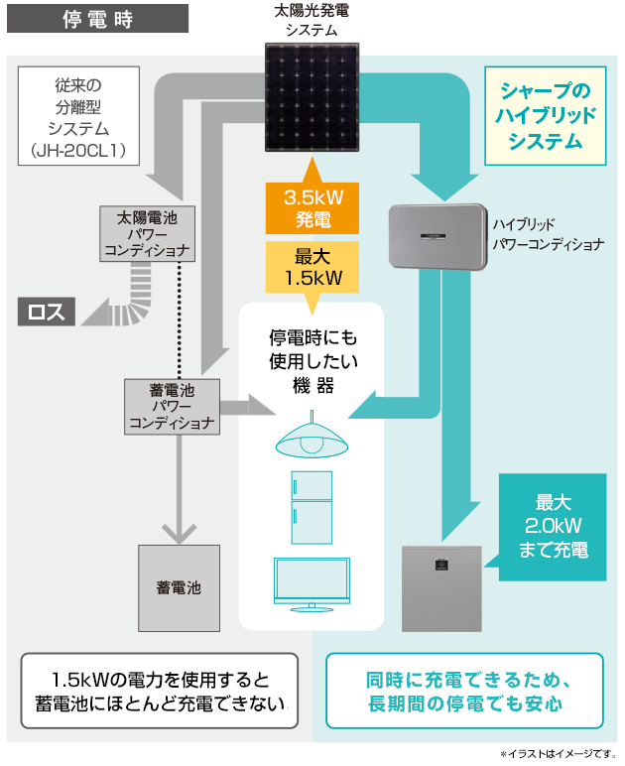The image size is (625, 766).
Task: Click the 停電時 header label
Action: (98, 19)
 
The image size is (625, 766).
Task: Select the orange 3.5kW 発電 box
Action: (313, 207)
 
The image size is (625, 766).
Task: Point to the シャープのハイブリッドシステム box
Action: (545, 115)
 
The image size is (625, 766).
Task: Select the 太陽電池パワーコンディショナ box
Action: (150, 234)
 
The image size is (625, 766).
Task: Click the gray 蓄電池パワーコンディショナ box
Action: (171, 406)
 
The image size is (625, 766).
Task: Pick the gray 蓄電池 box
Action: (179, 587)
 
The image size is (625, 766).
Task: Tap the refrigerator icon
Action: (312, 508)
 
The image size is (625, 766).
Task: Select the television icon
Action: (312, 583)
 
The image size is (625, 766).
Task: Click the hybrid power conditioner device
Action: (437, 237)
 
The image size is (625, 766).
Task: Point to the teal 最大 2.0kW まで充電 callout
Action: (553, 525)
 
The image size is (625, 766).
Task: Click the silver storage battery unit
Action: (441, 588)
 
